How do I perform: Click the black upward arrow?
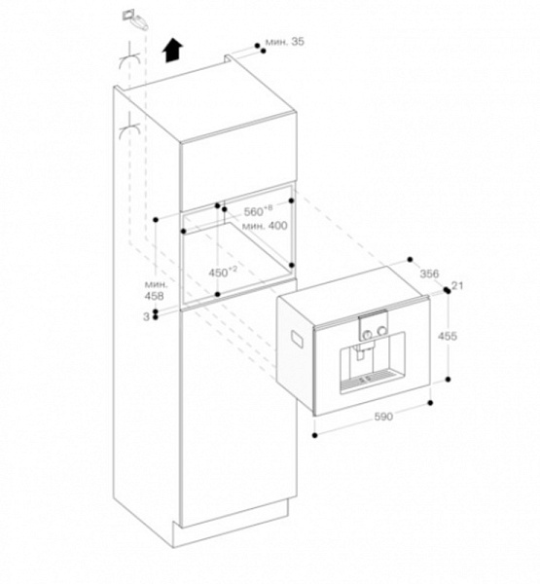pos(172,51)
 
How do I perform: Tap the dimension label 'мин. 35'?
pos(285,42)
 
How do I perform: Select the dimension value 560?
pos(253,212)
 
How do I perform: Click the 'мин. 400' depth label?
pos(265,226)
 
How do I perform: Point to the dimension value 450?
pos(218,273)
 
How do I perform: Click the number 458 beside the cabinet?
pos(154,296)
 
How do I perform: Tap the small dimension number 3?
pos(146,316)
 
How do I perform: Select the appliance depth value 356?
pos(429,274)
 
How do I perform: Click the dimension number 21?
pos(457,285)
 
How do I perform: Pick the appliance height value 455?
pos(447,337)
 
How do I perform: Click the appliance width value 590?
pos(383,417)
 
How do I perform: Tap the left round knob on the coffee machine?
pos(368,334)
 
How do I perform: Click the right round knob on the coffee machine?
pos(381,330)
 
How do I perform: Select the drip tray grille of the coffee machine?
pos(368,379)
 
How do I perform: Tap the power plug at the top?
pos(140,22)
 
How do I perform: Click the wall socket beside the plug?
pos(128,16)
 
